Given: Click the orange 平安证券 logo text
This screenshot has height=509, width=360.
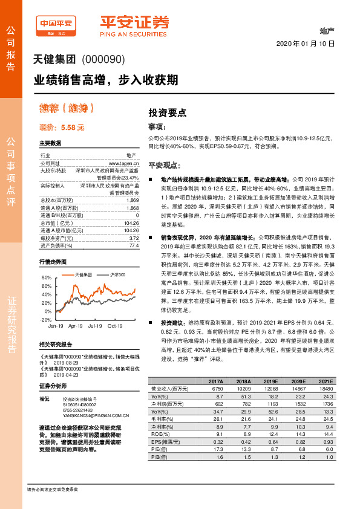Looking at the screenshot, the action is tap(134, 22).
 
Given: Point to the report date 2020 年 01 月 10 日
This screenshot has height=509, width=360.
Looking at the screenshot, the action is tap(305, 44).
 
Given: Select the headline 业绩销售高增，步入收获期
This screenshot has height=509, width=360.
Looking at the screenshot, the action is tap(105, 79).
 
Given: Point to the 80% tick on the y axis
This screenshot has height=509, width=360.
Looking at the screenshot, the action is tap(45, 277).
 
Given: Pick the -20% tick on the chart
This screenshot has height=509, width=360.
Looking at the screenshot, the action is tap(45, 319).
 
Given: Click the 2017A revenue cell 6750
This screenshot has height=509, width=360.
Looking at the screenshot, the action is tap(215, 389).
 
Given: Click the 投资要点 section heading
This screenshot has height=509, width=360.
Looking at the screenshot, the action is tap(167, 112).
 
